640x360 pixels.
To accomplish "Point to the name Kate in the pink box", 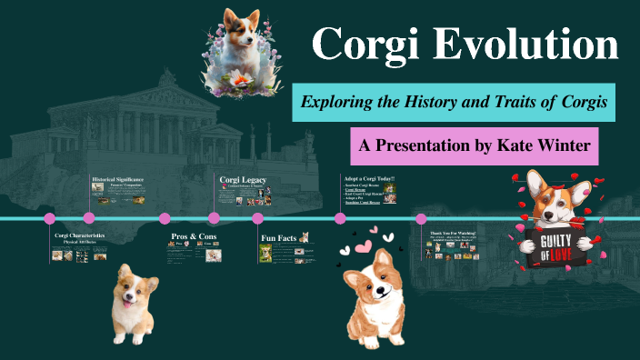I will (x=506, y=145).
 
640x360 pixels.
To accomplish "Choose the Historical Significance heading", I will (x=118, y=179).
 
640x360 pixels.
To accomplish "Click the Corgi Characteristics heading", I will (x=80, y=235).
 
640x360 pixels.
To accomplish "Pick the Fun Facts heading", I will (x=279, y=238).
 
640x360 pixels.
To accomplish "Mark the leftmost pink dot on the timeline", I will (x=50, y=218).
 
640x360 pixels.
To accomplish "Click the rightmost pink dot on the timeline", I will (x=421, y=218).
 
